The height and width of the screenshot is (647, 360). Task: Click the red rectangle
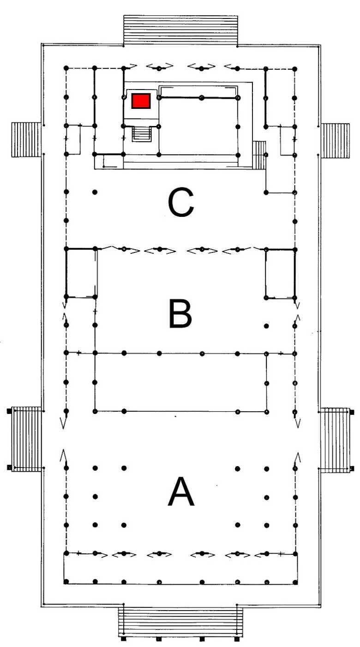coord(141,101)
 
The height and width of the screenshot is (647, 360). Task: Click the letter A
coord(181,491)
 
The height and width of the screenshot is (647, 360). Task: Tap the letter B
coord(180,313)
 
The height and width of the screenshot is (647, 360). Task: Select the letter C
coord(180,202)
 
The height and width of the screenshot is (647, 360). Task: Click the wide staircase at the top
coord(180,30)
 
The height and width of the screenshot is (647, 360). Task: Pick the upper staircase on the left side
coord(26,140)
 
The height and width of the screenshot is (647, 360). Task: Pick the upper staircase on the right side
coord(335,141)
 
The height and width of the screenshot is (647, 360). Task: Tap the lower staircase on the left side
coord(25,439)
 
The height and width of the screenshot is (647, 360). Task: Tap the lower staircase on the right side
coord(336,440)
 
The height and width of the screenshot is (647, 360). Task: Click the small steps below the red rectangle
coord(142,134)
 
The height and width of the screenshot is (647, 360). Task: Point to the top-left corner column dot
coord(66,68)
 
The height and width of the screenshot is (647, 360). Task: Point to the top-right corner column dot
coord(295,69)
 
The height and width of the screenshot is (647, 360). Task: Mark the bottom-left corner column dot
coord(66,581)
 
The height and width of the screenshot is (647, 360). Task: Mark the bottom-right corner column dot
coord(295,582)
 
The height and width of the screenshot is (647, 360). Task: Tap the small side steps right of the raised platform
coord(259,155)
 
